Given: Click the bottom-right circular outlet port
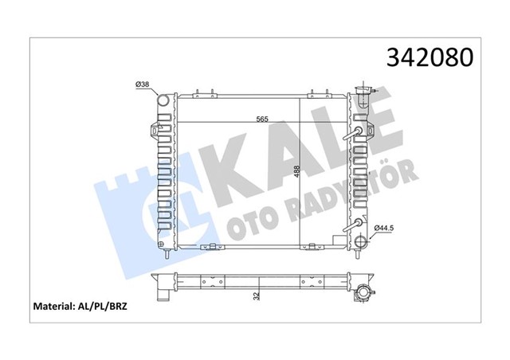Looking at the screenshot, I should point(360,242).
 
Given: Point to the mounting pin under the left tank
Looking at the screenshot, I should point(165,256).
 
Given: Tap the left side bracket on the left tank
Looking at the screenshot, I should point(152,129).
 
